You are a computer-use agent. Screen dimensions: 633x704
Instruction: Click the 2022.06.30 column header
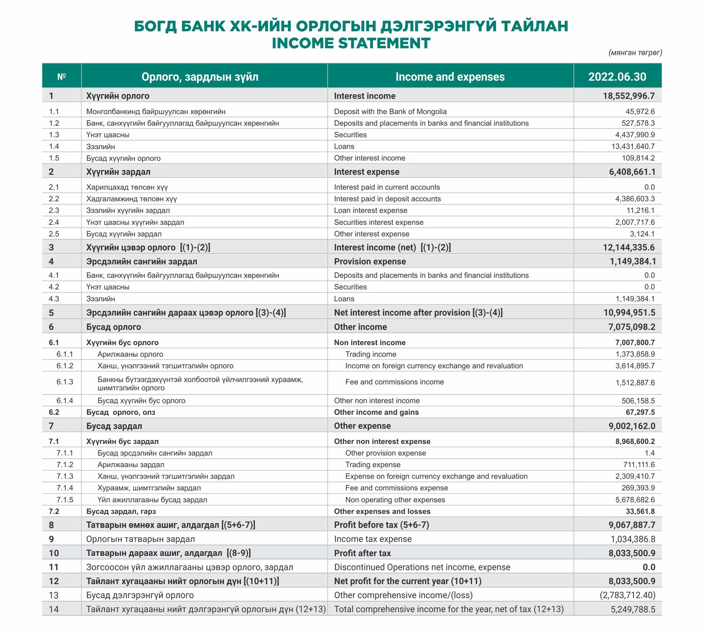[617, 77]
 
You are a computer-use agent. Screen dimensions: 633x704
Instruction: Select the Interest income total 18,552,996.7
[629, 96]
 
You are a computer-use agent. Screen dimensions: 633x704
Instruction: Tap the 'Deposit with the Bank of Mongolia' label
[390, 112]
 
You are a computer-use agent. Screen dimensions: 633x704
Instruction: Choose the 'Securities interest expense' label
[378, 223]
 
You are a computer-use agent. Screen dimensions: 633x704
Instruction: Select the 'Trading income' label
[370, 355]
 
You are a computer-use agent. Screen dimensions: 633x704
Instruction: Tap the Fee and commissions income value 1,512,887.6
[635, 383]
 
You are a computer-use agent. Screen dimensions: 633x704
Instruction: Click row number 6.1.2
[65, 366]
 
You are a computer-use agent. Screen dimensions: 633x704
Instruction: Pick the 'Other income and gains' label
[376, 413]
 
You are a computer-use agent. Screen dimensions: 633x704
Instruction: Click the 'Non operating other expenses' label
[395, 500]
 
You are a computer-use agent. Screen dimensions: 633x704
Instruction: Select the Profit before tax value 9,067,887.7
[632, 525]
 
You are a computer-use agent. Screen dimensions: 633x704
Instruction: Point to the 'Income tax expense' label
[373, 539]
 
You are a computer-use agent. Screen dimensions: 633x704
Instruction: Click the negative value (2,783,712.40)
[627, 596]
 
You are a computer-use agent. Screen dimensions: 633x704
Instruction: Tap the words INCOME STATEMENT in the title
[351, 43]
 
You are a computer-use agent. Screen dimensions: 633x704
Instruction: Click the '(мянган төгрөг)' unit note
[635, 53]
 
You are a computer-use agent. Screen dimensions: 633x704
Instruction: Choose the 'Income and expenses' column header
[450, 77]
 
